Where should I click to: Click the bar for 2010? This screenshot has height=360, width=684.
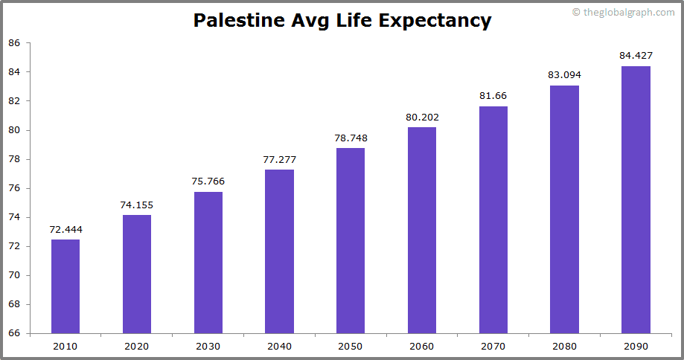pyautogui.click(x=65, y=286)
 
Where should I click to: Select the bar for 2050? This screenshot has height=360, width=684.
pyautogui.click(x=351, y=240)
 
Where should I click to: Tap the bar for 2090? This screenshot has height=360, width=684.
pyautogui.click(x=636, y=199)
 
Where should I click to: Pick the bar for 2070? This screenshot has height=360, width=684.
pyautogui.click(x=493, y=219)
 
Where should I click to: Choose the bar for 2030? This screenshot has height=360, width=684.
pyautogui.click(x=208, y=262)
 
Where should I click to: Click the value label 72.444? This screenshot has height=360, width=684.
pyautogui.click(x=65, y=229)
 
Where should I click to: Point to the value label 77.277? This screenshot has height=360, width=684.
pyautogui.click(x=279, y=159)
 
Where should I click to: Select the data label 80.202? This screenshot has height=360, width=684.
pyautogui.click(x=421, y=117)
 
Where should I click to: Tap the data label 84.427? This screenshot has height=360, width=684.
pyautogui.click(x=636, y=56)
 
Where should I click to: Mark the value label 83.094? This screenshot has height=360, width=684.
pyautogui.click(x=564, y=75)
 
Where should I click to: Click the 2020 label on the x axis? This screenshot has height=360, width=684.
pyautogui.click(x=137, y=346)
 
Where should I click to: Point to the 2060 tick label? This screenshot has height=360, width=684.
pyautogui.click(x=421, y=346)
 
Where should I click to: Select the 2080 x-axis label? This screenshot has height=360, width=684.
pyautogui.click(x=564, y=346)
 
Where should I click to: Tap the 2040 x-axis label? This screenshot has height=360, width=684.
pyautogui.click(x=279, y=346)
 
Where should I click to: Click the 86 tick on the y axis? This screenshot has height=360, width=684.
pyautogui.click(x=14, y=43)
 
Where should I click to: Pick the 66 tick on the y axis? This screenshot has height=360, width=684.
pyautogui.click(x=14, y=333)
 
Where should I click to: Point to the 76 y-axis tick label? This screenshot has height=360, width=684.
pyautogui.click(x=14, y=188)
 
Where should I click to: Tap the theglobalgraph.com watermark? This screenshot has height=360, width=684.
pyautogui.click(x=624, y=12)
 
